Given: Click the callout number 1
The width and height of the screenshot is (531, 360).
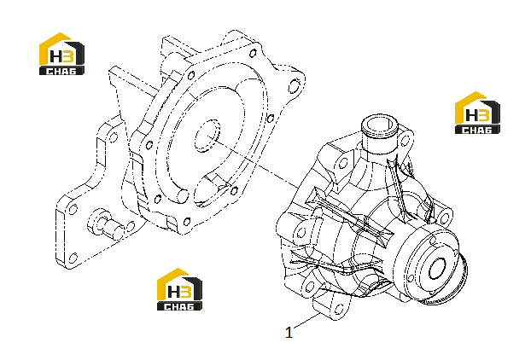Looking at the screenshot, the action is (289, 333).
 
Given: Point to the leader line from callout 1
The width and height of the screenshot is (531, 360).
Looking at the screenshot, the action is (306, 321).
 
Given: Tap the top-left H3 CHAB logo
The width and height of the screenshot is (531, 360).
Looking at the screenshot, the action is (61, 54).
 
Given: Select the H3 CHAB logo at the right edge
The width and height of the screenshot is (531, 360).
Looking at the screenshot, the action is (477, 113).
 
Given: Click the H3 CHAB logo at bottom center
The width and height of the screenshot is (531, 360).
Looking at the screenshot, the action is (179, 289).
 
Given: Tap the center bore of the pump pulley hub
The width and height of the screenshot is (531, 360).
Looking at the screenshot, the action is (437, 269).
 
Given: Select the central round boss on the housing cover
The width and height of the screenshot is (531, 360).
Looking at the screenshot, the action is (207, 136).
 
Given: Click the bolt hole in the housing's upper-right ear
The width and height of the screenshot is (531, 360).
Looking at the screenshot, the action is (294, 85).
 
